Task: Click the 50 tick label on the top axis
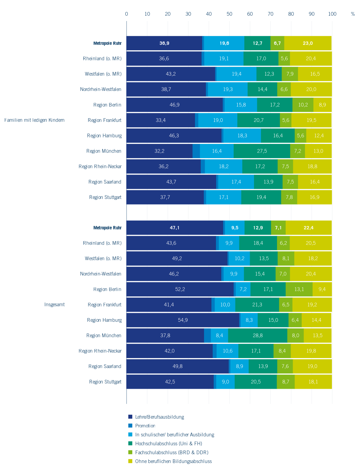point(229,14)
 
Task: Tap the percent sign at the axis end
point(353,14)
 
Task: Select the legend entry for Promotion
point(145,426)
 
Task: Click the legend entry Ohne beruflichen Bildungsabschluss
point(173,461)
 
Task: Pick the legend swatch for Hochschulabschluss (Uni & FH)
point(130,443)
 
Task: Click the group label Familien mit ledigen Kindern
point(34,120)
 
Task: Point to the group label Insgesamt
point(54,304)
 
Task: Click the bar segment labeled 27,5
point(262,151)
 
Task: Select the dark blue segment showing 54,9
point(183,320)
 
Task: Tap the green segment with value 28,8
point(258,335)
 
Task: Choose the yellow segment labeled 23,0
point(308,43)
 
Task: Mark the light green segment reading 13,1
point(299,289)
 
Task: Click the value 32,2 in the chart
point(159,151)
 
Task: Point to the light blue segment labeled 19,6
point(224,43)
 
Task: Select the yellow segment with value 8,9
point(322,105)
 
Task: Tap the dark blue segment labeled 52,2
point(180,289)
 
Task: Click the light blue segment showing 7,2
point(243,289)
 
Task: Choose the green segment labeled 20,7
point(259,120)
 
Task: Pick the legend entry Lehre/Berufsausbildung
point(159,417)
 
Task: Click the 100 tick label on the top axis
point(332,14)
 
